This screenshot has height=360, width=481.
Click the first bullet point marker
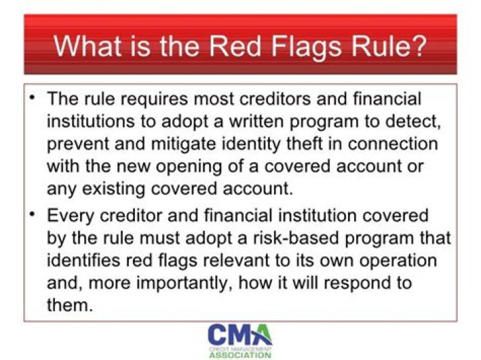tap(32, 98)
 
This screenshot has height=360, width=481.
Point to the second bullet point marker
tap(32, 214)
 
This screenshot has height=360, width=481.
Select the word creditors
tap(283, 100)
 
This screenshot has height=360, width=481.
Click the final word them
tap(69, 305)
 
